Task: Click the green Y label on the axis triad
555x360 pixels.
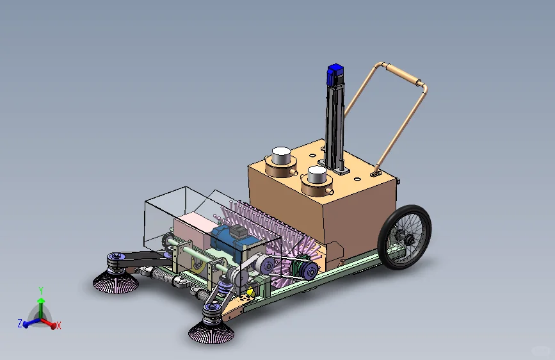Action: point(41,290)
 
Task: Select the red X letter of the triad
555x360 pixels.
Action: point(59,326)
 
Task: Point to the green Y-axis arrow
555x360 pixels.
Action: point(41,304)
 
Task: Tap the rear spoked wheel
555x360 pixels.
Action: point(405,237)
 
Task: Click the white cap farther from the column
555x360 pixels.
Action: point(281,155)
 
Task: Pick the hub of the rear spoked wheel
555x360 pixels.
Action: point(403,238)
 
